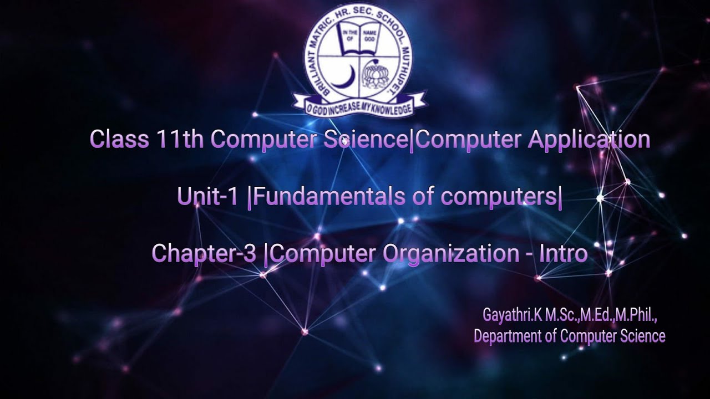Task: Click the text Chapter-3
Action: (204, 253)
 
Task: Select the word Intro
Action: (565, 253)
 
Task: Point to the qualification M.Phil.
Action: (635, 315)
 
